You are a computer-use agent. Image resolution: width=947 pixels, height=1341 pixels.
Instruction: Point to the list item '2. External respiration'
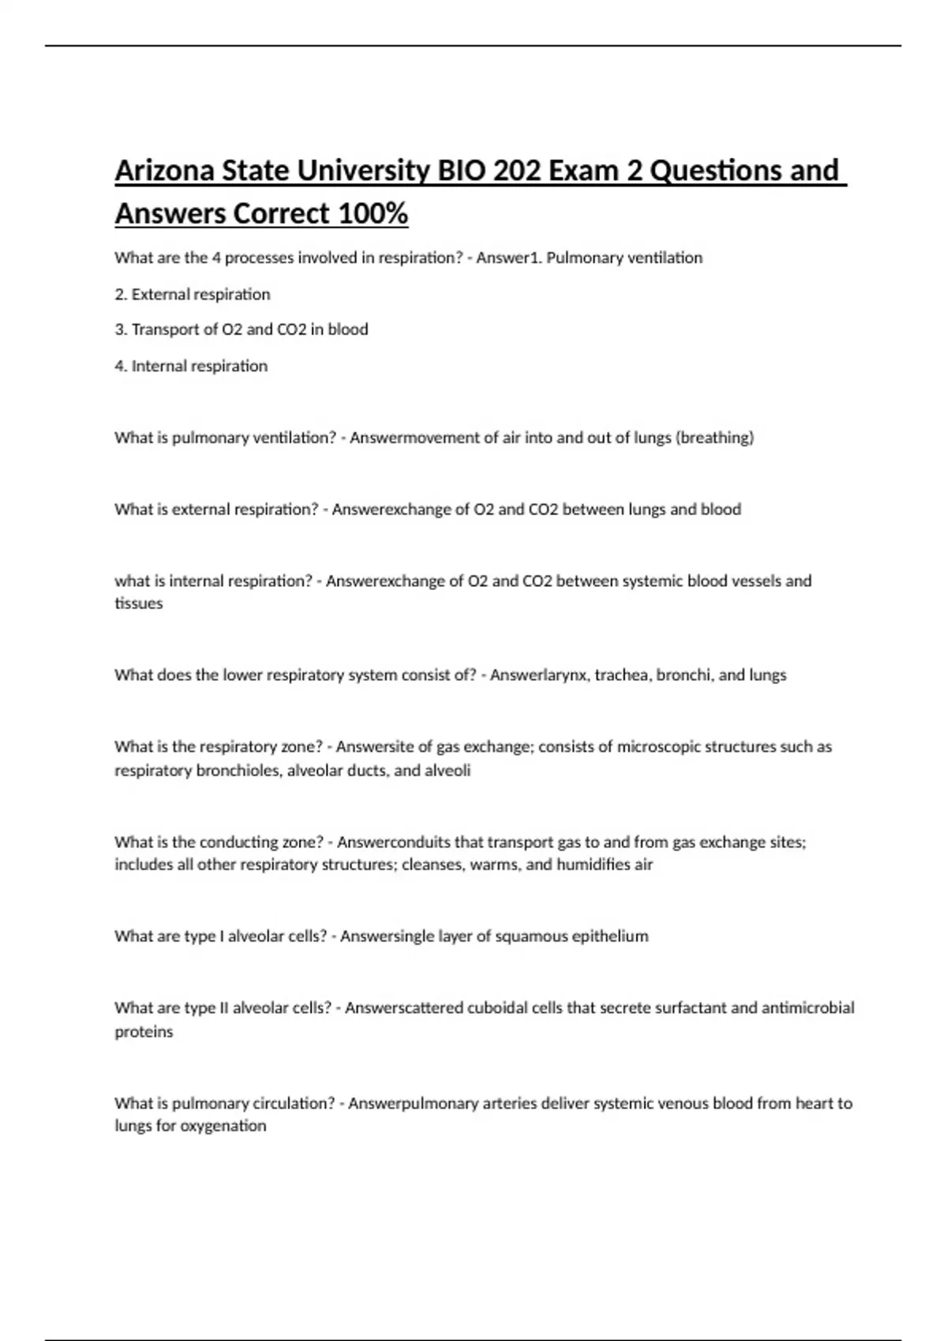(193, 294)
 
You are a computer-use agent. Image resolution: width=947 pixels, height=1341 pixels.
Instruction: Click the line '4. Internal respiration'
(191, 366)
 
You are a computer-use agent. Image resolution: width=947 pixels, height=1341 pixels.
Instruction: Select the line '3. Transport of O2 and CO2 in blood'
(241, 330)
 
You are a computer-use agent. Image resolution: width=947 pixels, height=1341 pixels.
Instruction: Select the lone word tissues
(139, 603)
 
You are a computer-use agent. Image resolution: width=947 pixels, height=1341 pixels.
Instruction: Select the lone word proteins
(144, 1032)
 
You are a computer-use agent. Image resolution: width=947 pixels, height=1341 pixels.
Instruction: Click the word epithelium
(610, 936)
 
